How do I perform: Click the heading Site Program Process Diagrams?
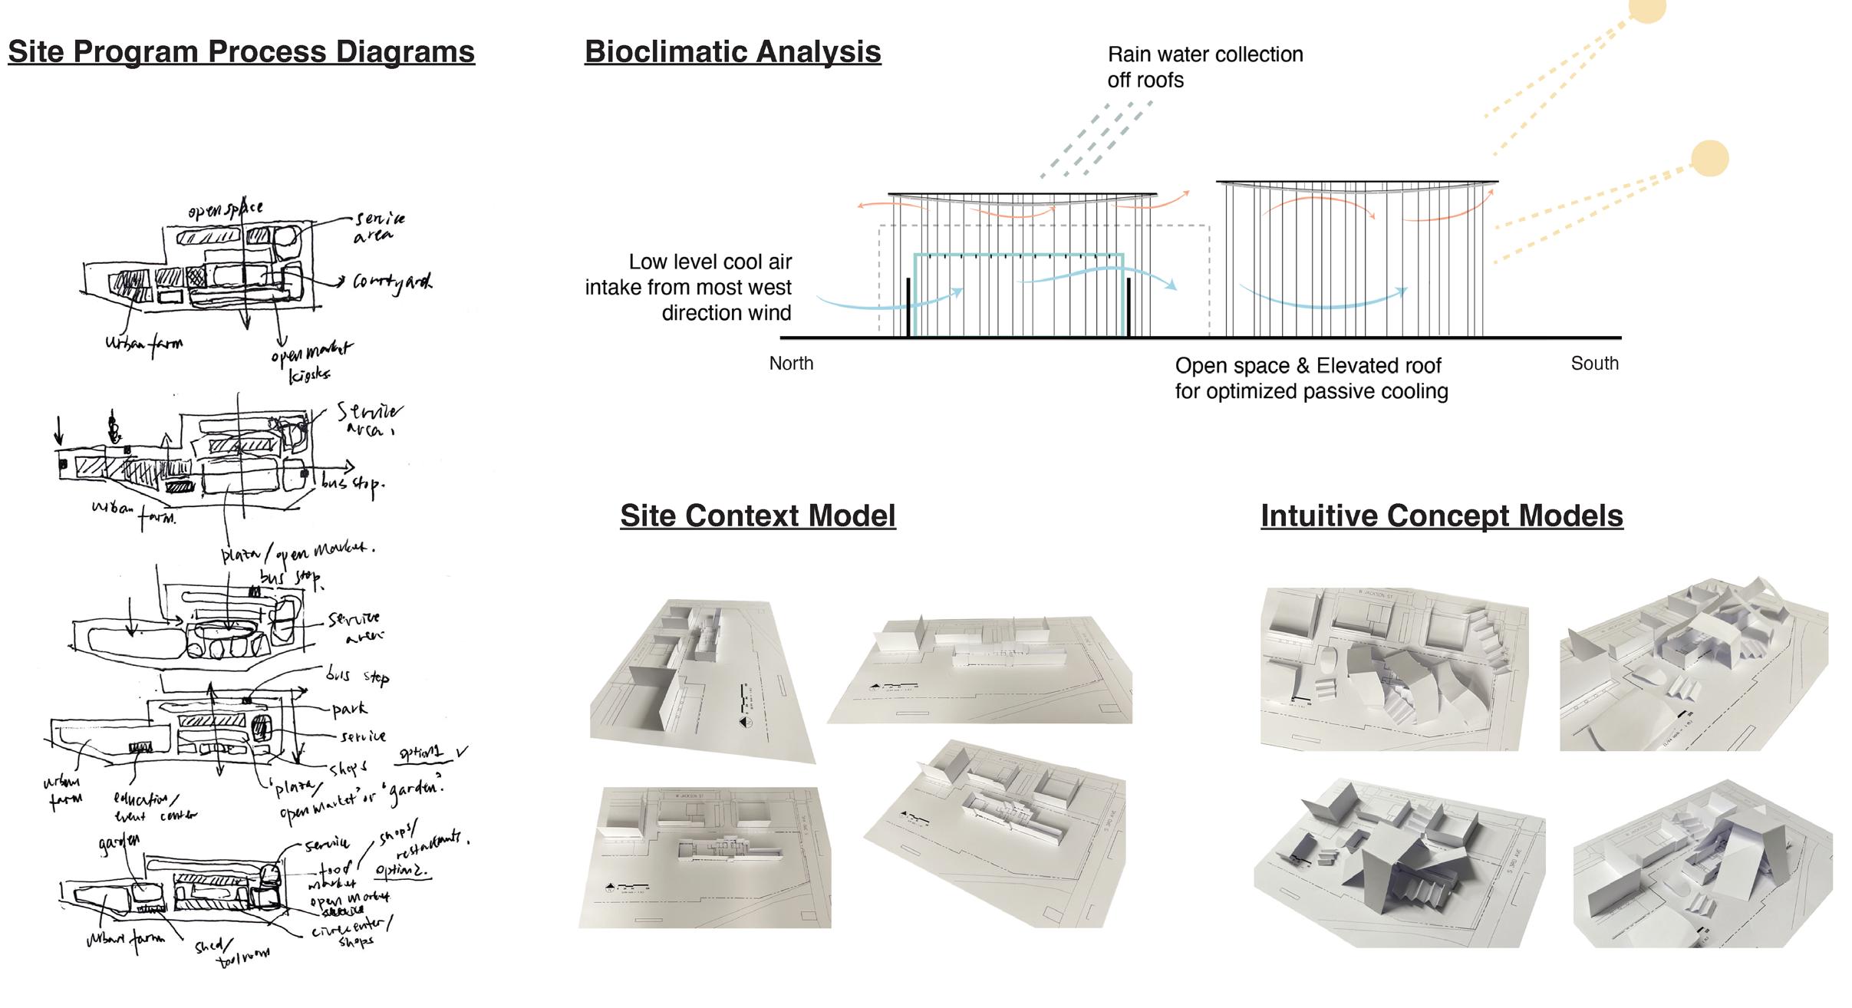click(x=241, y=52)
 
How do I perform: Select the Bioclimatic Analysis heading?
click(x=733, y=52)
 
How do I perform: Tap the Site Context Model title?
click(x=757, y=516)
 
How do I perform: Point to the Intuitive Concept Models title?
click(x=1442, y=516)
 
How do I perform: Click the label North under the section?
click(x=791, y=364)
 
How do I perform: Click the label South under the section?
click(x=1594, y=364)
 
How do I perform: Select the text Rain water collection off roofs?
click(x=1204, y=68)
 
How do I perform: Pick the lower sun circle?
click(x=1709, y=159)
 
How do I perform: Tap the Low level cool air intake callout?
click(x=688, y=288)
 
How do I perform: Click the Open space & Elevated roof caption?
click(x=1311, y=378)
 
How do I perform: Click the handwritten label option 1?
click(x=421, y=753)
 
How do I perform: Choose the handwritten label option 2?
click(x=400, y=870)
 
